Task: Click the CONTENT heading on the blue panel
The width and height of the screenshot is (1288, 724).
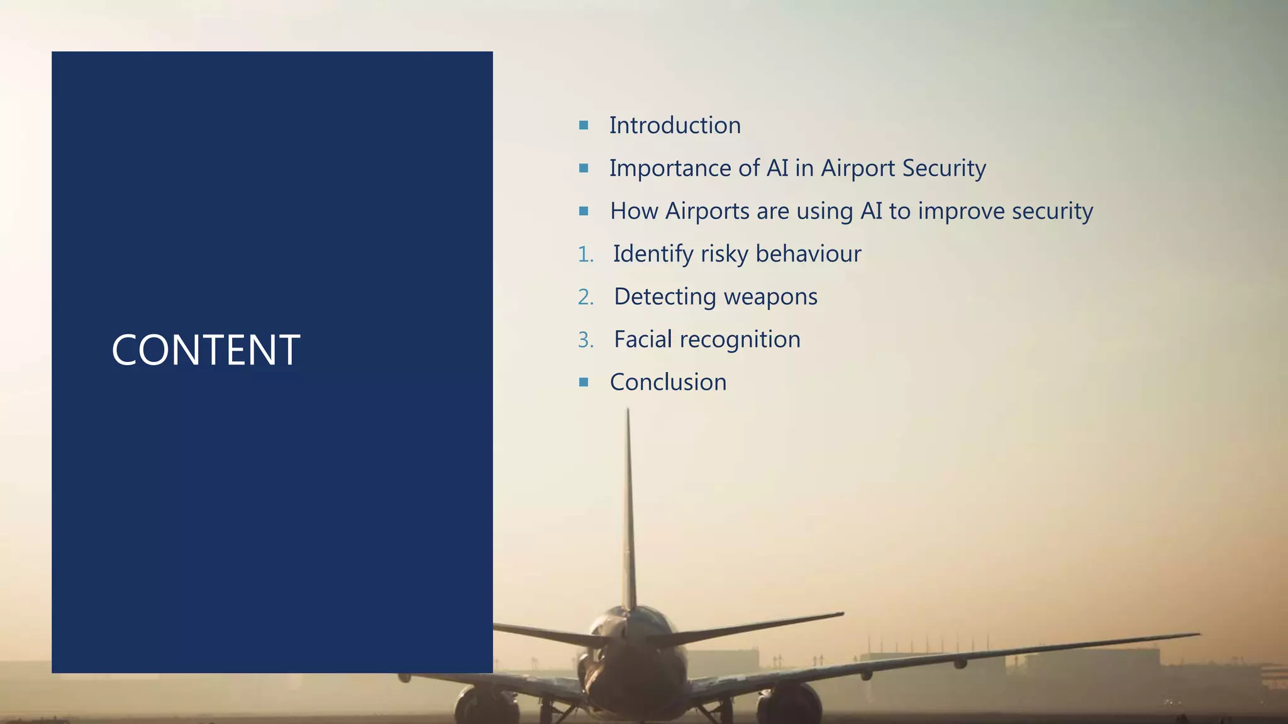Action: (206, 350)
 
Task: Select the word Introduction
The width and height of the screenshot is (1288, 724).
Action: (675, 125)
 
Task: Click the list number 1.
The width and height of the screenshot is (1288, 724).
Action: (585, 255)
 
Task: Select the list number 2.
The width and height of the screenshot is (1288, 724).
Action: (585, 297)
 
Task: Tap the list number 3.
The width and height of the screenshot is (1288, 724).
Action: (585, 340)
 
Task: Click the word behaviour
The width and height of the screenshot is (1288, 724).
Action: (808, 254)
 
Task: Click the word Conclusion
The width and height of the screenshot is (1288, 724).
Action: (668, 382)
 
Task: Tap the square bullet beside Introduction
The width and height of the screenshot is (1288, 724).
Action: (584, 125)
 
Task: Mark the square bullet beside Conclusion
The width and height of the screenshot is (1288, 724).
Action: (584, 381)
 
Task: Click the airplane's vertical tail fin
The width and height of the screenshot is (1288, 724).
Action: (628, 515)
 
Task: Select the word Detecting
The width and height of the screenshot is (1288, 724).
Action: (664, 297)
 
